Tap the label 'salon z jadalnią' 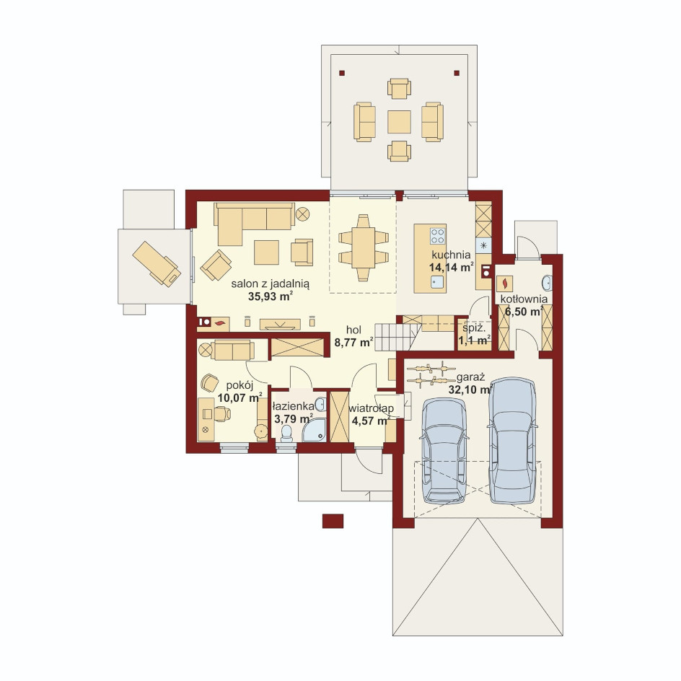click(x=270, y=284)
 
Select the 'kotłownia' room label click(x=524, y=299)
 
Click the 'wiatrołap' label click(x=371, y=408)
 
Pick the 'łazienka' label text click(x=293, y=407)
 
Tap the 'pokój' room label click(x=240, y=386)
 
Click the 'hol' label click(x=353, y=330)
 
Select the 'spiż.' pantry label click(x=473, y=329)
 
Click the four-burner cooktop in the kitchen click(x=438, y=236)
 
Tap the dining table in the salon click(x=363, y=247)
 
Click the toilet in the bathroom click(x=286, y=434)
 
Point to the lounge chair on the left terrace click(x=157, y=263)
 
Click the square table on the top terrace click(x=399, y=122)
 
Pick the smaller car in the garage click(x=444, y=450)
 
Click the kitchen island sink click(x=437, y=282)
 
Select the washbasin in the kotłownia click(x=547, y=283)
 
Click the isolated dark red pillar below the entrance click(x=333, y=521)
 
